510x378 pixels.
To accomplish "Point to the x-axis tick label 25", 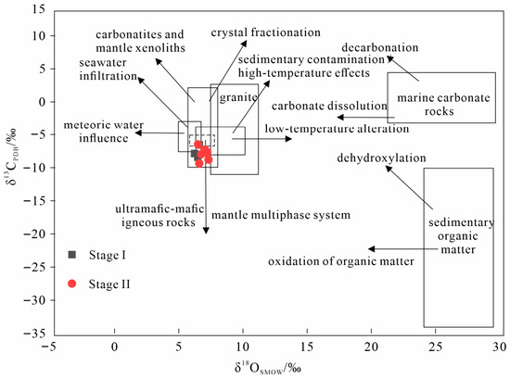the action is coord(435,347).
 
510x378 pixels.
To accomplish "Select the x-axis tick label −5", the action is coord(48,347).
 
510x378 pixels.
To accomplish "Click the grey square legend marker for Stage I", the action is coord(72,255).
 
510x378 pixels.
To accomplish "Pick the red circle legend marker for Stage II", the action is coord(72,283).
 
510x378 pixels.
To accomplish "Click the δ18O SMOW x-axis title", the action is coord(267,369).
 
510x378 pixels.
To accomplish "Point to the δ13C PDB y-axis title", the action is coord(12,157).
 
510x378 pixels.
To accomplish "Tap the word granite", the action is coord(238,97).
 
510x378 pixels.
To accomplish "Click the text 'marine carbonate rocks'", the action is coord(443,105).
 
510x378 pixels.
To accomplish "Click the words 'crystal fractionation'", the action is coord(266,32).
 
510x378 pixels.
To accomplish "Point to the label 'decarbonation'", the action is coord(380,48).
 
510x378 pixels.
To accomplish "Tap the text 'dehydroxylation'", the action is coord(381,157).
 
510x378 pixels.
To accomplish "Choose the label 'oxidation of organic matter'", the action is coord(341,261).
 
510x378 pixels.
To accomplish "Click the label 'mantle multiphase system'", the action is coord(281,215).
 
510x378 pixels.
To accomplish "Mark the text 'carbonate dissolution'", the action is coord(329,106).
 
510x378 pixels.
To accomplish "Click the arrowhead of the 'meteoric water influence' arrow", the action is coord(138,132).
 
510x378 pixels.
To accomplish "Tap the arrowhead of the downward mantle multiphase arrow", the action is coord(206,231).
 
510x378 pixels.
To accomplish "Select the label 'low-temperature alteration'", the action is coord(337,129).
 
